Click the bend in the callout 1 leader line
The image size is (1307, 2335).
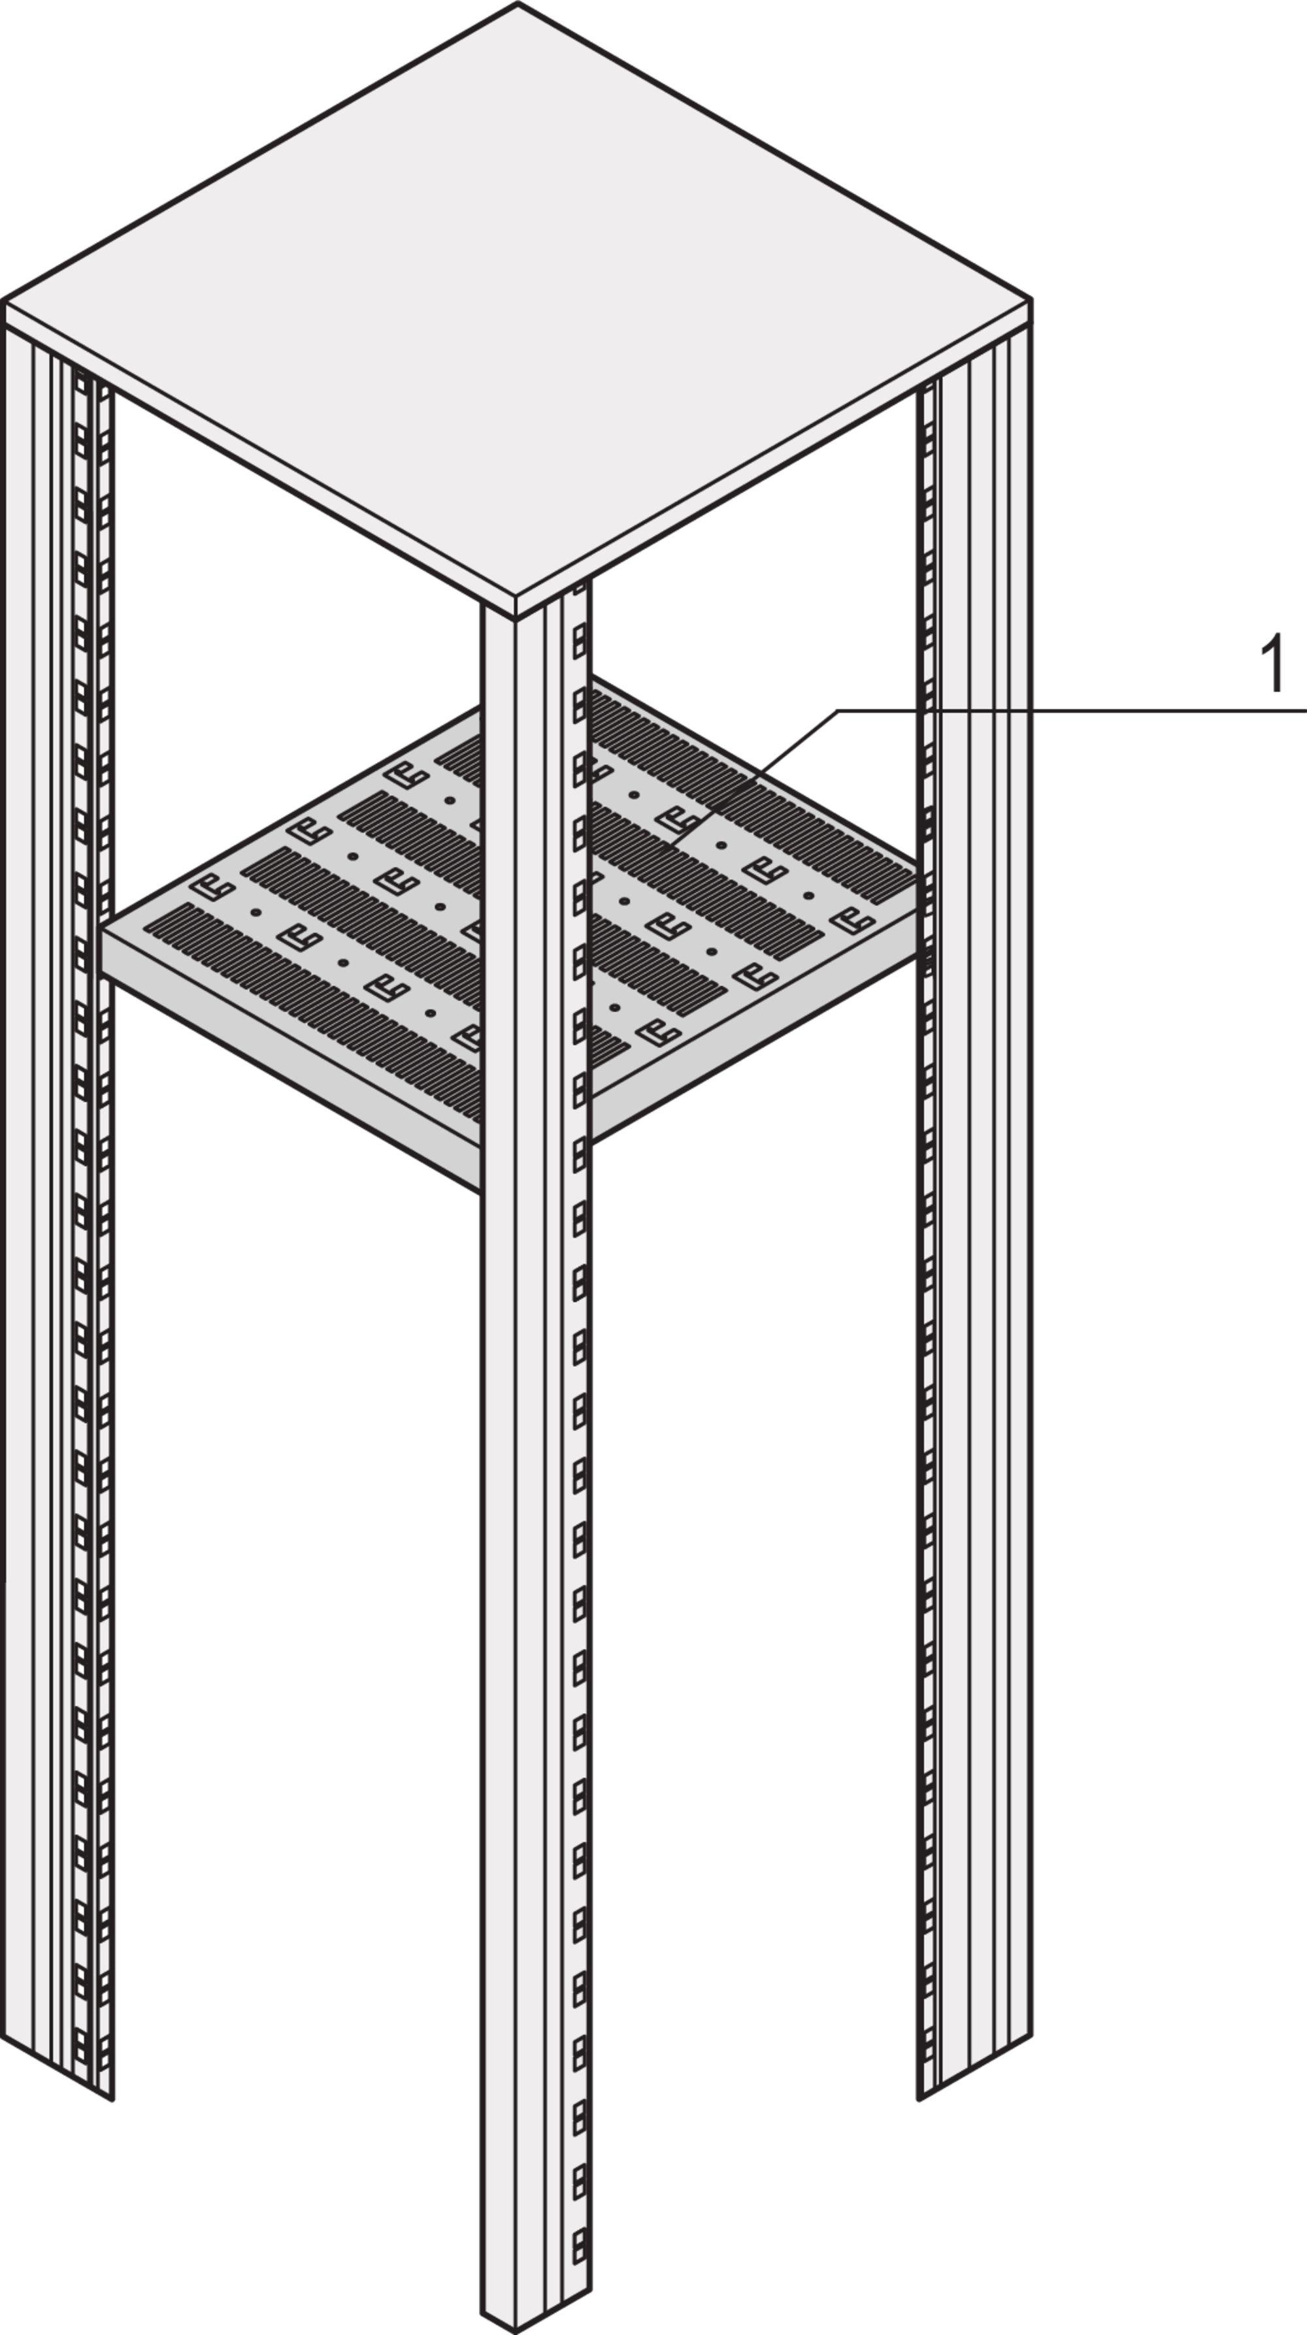[x=838, y=711]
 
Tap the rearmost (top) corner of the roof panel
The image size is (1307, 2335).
[x=518, y=5]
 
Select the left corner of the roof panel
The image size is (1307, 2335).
[x=4, y=300]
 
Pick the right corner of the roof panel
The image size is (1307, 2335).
[x=1031, y=299]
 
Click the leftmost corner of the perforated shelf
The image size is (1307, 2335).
[x=103, y=927]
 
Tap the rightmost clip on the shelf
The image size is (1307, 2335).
[x=853, y=920]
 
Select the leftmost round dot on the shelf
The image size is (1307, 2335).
[x=257, y=912]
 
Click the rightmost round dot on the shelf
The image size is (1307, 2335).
[x=808, y=896]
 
